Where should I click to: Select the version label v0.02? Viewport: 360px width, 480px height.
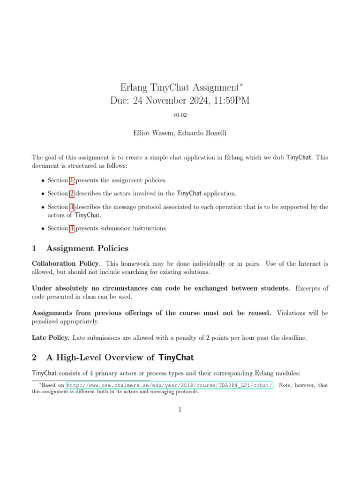(180, 115)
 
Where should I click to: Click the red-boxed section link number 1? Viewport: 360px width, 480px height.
(72, 180)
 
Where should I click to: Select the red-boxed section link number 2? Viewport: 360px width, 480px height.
(72, 193)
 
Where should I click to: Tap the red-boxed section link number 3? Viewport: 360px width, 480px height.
(72, 207)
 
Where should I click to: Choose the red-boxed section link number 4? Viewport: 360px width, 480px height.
(72, 228)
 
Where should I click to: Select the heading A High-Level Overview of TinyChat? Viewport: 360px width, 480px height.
(120, 358)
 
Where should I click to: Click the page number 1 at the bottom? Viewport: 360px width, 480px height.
(180, 410)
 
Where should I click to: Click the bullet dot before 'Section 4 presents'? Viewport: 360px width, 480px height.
(43, 229)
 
